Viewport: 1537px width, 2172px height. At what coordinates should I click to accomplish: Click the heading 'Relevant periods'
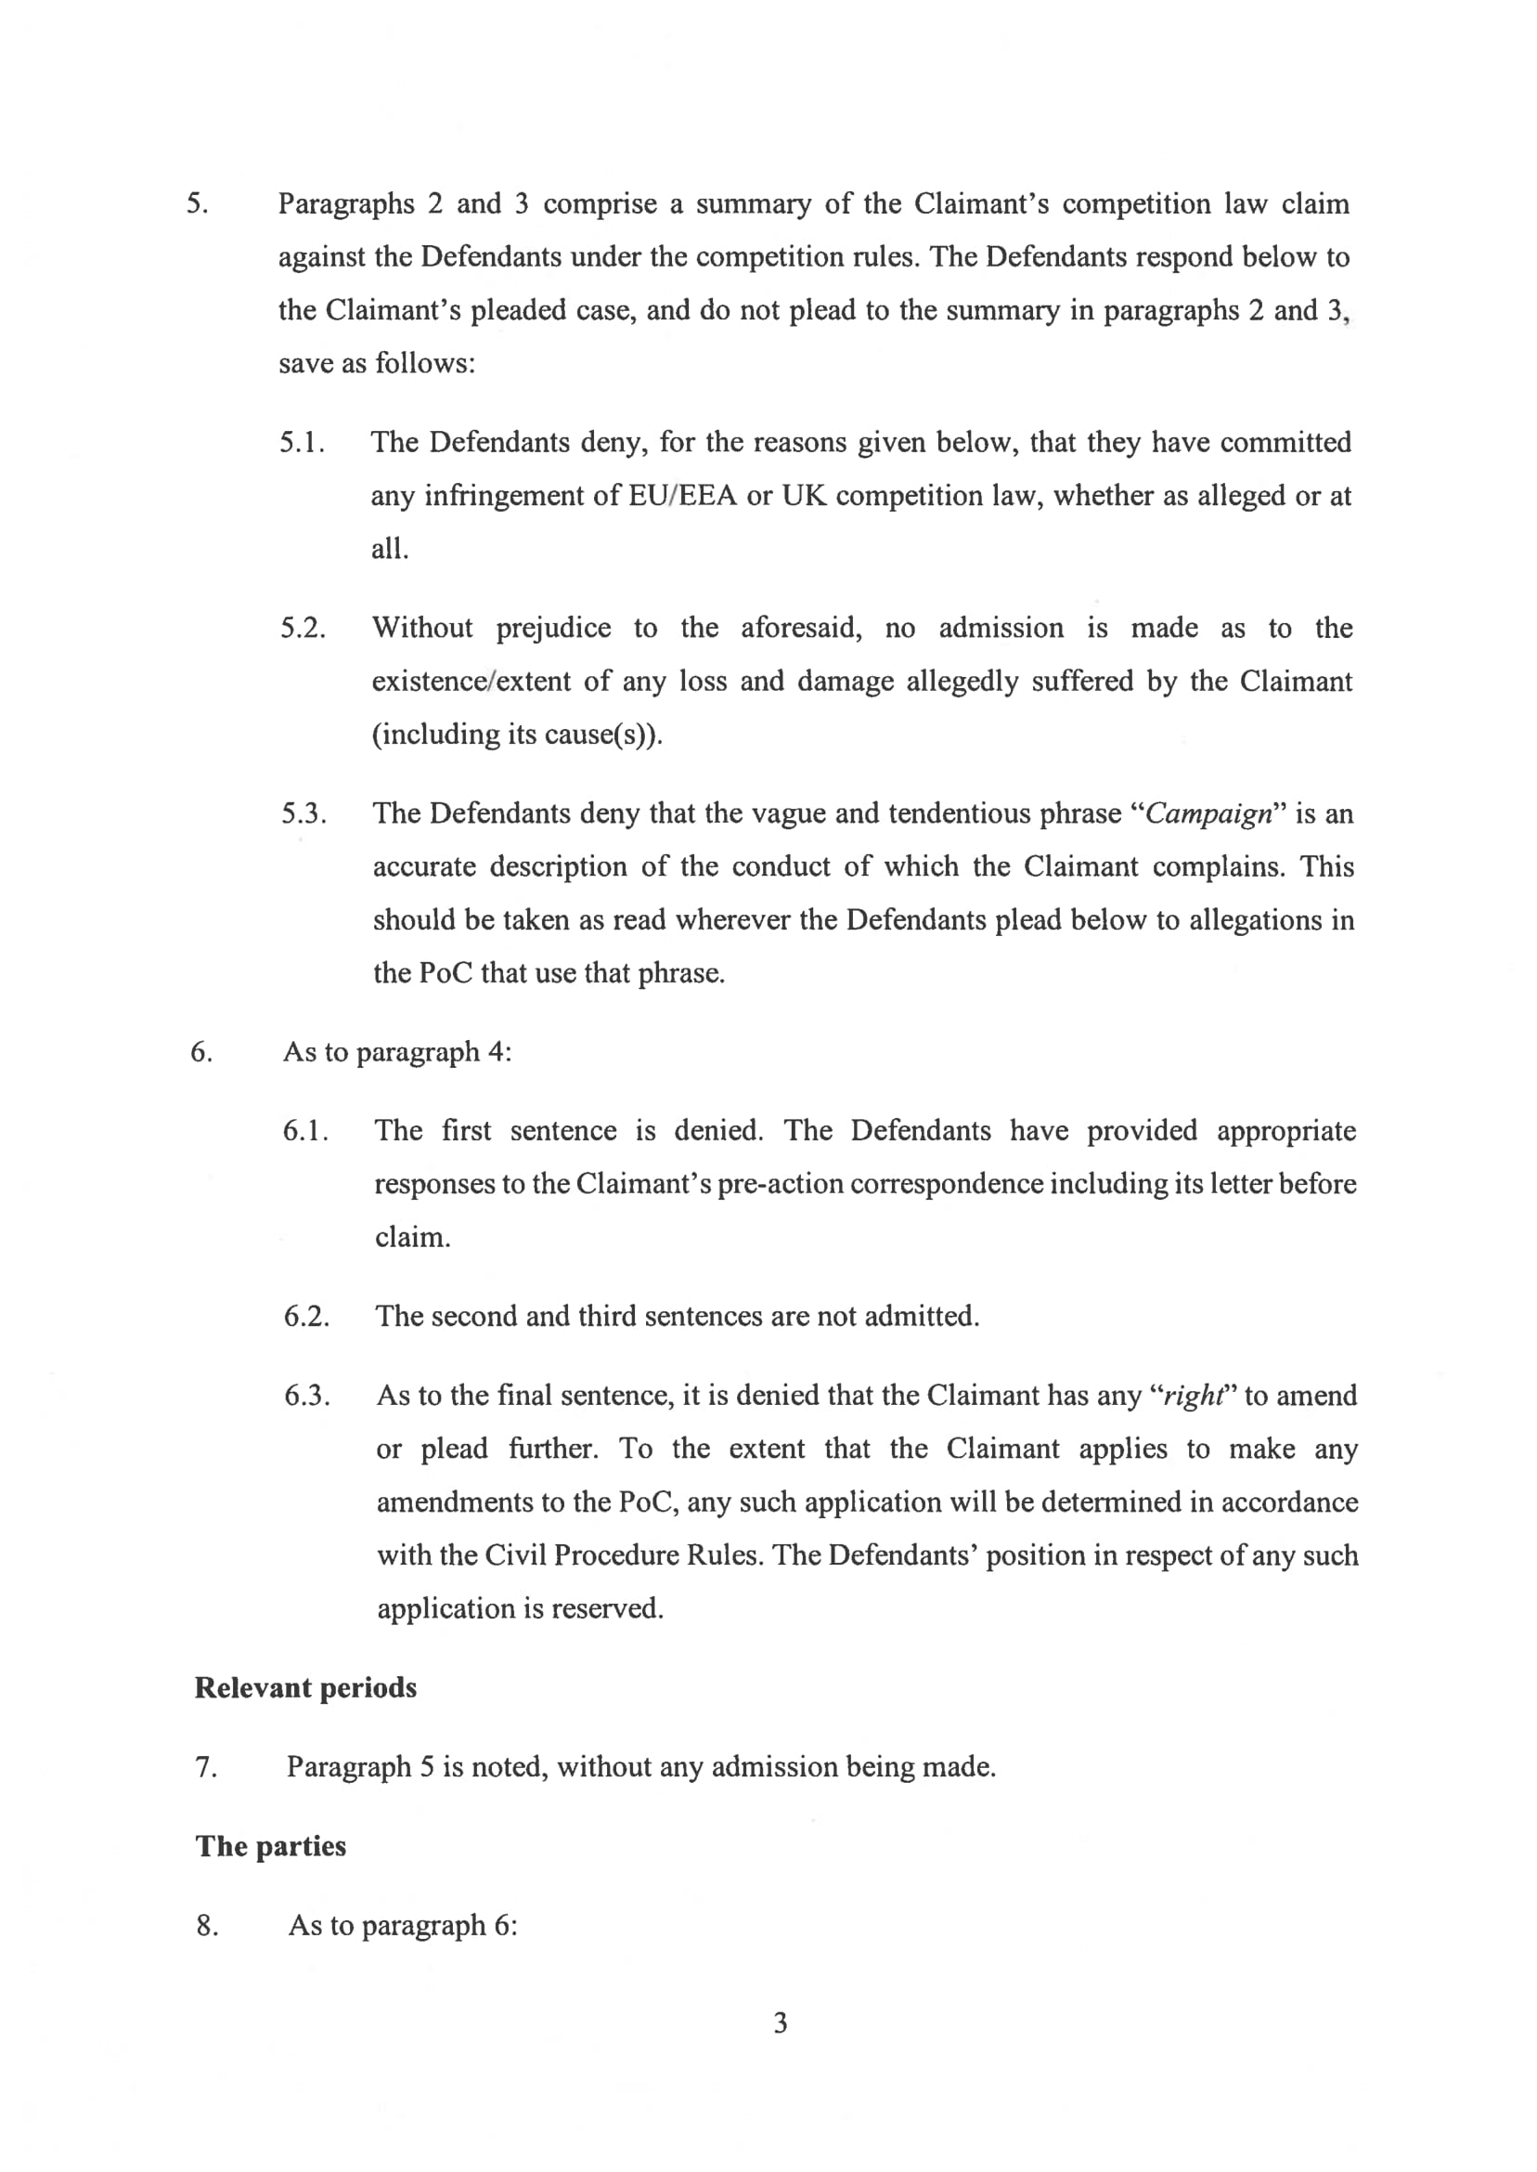click(304, 1688)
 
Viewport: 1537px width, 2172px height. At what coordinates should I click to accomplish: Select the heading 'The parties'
click(271, 1846)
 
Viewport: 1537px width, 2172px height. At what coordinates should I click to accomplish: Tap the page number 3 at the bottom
click(780, 2023)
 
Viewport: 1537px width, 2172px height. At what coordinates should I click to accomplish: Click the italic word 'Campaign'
click(1208, 814)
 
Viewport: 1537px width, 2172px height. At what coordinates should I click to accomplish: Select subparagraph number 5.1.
click(303, 443)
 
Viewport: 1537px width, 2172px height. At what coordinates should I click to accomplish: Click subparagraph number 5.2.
click(303, 629)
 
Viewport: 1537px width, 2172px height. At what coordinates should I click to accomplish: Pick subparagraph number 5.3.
click(304, 814)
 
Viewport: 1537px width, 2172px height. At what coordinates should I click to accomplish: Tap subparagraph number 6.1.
click(305, 1131)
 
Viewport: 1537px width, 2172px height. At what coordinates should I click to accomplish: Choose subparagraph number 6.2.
click(306, 1317)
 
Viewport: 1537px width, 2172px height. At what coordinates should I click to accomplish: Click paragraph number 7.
click(206, 1768)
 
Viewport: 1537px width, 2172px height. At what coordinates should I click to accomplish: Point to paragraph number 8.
click(207, 1926)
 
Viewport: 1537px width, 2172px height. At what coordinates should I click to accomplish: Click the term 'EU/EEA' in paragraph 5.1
click(681, 496)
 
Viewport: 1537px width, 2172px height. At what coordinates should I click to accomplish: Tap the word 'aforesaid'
click(801, 629)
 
